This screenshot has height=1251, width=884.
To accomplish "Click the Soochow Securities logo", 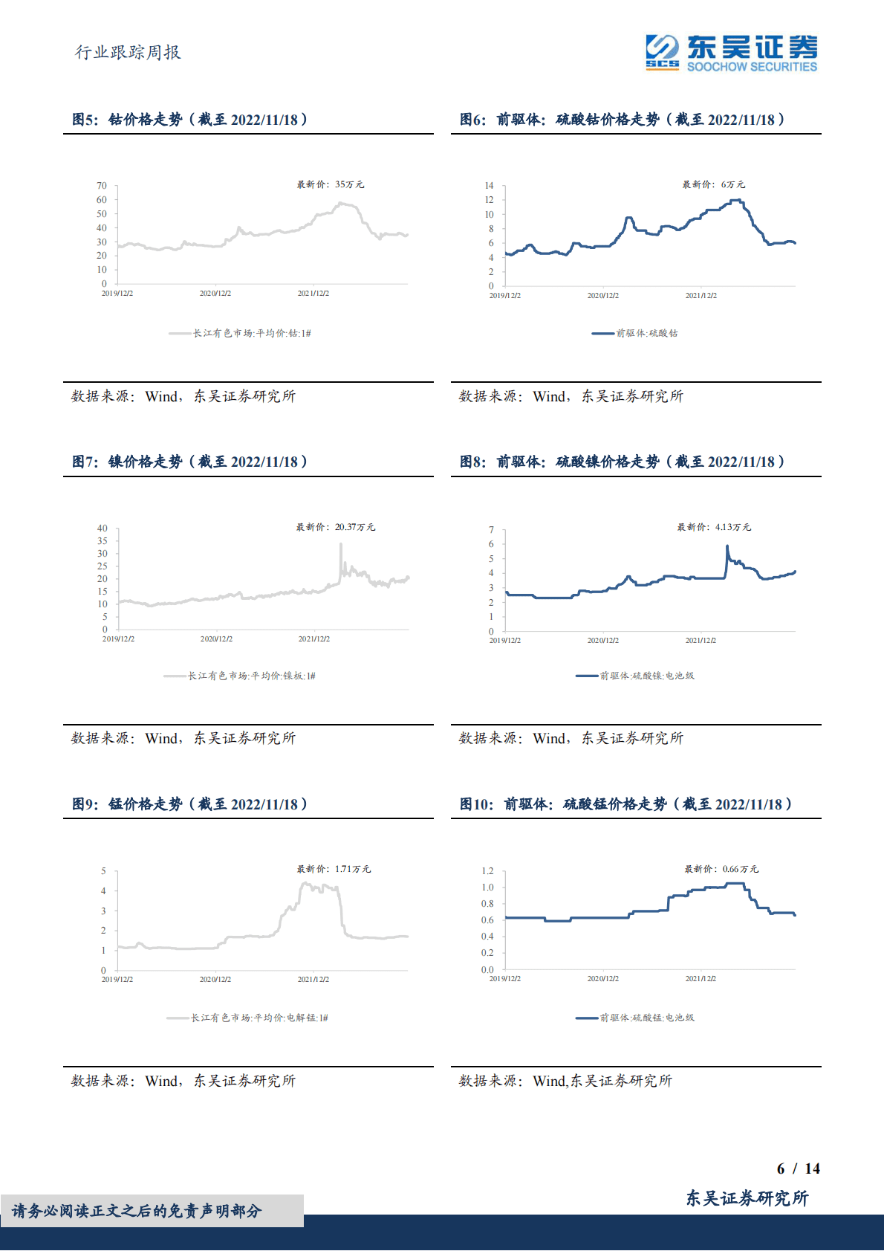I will [731, 53].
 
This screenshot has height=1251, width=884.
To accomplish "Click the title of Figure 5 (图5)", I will [189, 120].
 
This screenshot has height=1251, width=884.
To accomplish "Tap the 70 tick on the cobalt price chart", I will [102, 186].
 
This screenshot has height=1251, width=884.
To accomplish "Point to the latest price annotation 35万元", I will [331, 184].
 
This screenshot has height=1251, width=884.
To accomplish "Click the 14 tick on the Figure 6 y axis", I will [489, 186].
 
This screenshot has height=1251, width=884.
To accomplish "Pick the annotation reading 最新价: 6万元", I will [713, 184].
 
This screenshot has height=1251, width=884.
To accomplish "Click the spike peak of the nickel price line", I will [341, 544].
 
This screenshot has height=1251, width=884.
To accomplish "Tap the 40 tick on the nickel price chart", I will [103, 528].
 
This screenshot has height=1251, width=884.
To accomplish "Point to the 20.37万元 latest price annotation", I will [336, 527].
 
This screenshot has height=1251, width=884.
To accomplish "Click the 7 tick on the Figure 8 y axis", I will [491, 530].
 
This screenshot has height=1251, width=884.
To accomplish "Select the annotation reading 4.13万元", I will [714, 527].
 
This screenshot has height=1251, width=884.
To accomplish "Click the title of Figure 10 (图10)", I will [625, 804].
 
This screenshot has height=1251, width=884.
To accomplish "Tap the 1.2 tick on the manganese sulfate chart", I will [487, 871].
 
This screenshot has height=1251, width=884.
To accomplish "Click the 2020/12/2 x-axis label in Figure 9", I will [215, 980].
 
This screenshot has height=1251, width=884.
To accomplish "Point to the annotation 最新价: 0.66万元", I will [721, 869].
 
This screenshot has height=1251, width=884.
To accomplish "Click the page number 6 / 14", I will [798, 1168].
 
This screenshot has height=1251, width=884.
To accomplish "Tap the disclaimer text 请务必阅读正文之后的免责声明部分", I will [137, 1211].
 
